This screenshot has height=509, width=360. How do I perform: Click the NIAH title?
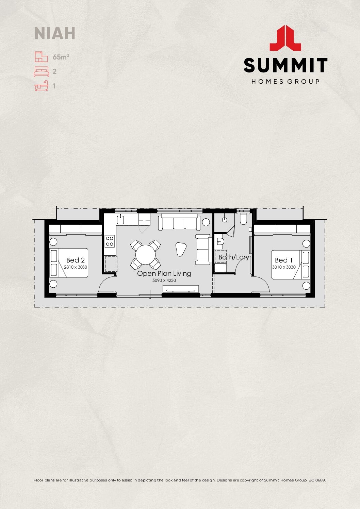tap(55, 33)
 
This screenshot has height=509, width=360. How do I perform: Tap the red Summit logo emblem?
tap(285, 38)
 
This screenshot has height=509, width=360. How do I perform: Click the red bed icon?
tap(41, 71)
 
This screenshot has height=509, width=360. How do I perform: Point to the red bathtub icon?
tap(41, 86)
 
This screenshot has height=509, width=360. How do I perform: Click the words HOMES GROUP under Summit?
tap(285, 82)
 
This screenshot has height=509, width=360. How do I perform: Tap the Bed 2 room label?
tap(75, 260)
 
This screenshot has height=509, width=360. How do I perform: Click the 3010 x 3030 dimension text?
tap(284, 267)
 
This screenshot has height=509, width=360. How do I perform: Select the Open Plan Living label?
tap(164, 273)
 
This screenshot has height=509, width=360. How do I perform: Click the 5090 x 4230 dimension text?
tap(164, 281)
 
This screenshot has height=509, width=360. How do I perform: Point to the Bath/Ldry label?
tap(233, 257)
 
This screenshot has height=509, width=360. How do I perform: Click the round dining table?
tap(145, 255)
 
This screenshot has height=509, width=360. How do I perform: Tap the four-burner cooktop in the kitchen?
tap(110, 241)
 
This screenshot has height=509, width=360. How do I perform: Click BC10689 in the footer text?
tap(317, 480)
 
